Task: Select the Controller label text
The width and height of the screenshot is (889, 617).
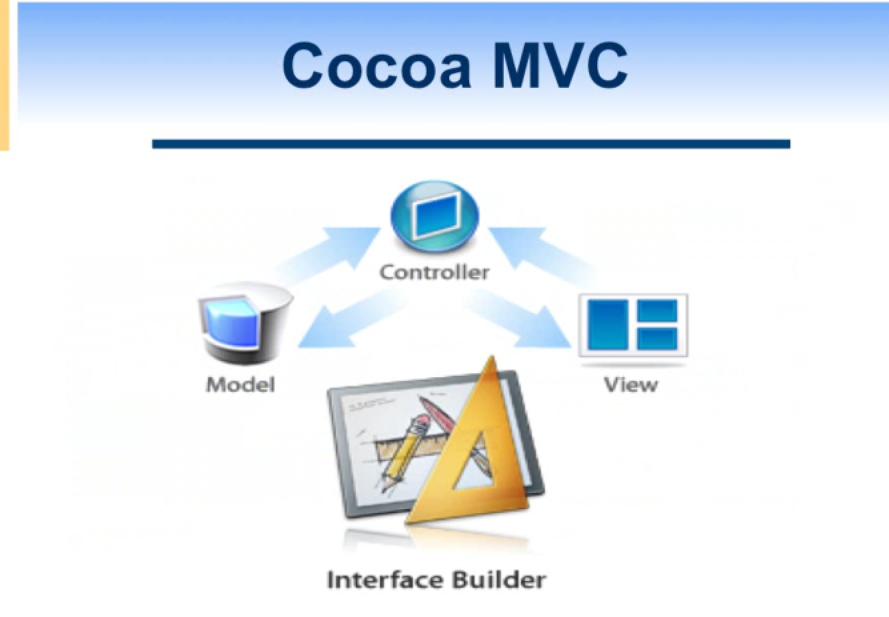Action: pos(435,273)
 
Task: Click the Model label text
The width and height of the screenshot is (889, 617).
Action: pos(241,384)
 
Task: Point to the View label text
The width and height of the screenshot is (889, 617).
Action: pos(631,384)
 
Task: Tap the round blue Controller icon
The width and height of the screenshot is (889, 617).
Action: pos(435,217)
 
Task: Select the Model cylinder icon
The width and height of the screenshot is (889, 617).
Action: pos(245,323)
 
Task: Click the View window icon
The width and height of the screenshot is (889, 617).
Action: pos(633,325)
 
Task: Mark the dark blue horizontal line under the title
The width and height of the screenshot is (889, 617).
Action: pos(471,144)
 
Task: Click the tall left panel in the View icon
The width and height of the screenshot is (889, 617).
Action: pos(607,325)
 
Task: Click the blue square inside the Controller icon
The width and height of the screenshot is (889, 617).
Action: pos(435,217)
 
